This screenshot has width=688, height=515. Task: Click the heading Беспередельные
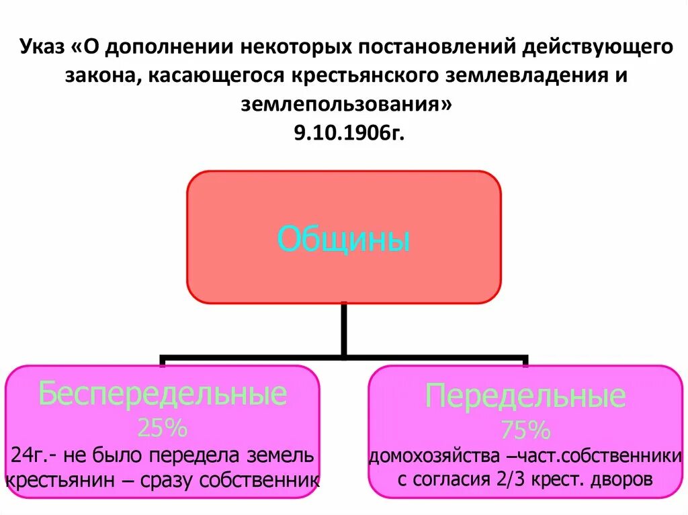pos(163,394)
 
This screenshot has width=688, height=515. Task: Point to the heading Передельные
pos(525,397)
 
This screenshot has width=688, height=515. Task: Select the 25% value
pos(162,427)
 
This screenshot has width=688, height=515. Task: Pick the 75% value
pos(525,429)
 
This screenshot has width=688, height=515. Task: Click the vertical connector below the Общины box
pos(344,329)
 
